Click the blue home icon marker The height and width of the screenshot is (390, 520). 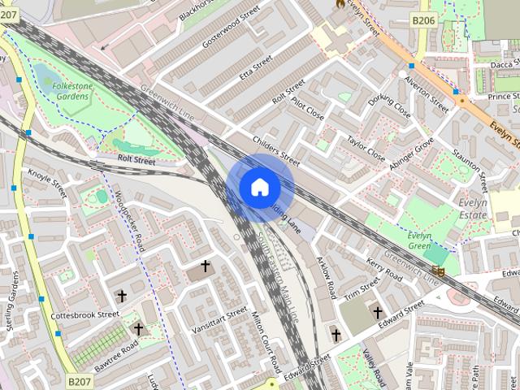259,188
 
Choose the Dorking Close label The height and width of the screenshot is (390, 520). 389,104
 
